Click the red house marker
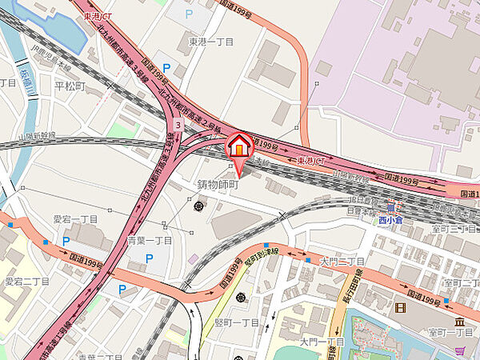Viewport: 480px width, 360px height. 238,146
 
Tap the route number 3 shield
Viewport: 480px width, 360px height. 177,126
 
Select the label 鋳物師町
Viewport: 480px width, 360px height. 218,184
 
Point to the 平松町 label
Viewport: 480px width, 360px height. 70,85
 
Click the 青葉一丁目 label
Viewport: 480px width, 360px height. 150,240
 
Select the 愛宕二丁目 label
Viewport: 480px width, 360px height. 26,281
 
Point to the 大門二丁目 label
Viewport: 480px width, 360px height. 342,261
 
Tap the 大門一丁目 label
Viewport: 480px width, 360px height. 322,342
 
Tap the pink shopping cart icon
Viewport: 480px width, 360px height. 194,258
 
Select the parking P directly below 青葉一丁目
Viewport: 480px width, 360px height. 150,258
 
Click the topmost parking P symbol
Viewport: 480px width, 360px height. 189,14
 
